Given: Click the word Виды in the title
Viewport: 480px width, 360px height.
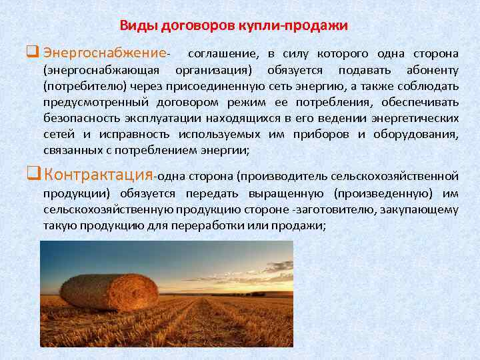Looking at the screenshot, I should (135, 26).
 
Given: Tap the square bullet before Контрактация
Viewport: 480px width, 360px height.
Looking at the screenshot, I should (34, 175).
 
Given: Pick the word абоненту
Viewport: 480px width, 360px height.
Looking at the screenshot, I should (432, 70).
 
